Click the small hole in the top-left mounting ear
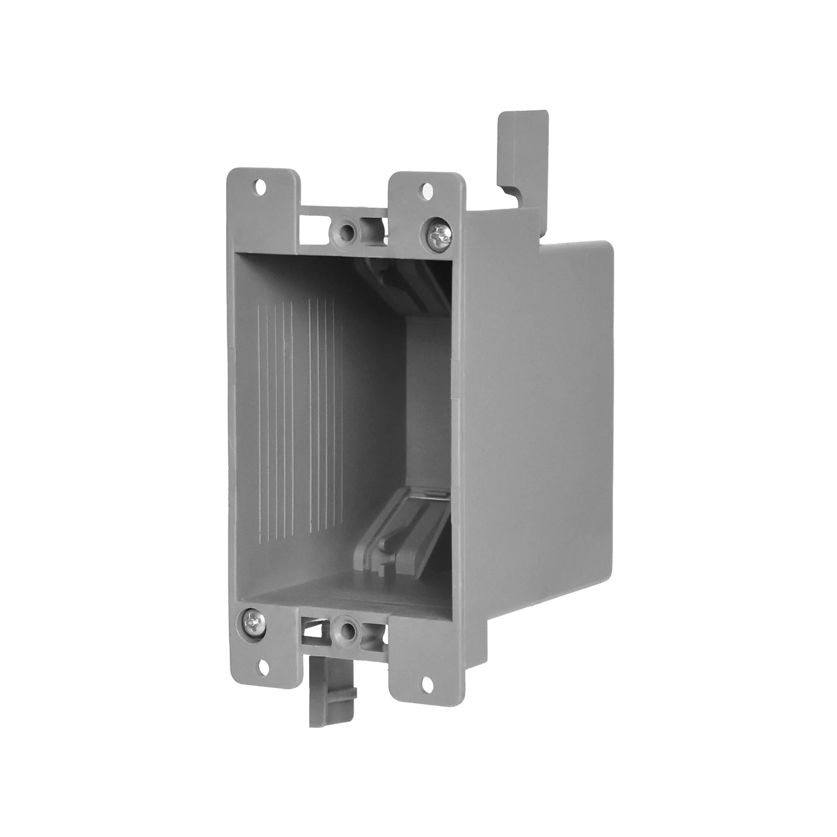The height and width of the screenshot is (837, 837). point(260,188)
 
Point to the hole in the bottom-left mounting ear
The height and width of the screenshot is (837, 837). point(262,666)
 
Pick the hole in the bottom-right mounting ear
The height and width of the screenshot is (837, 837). point(427,682)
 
